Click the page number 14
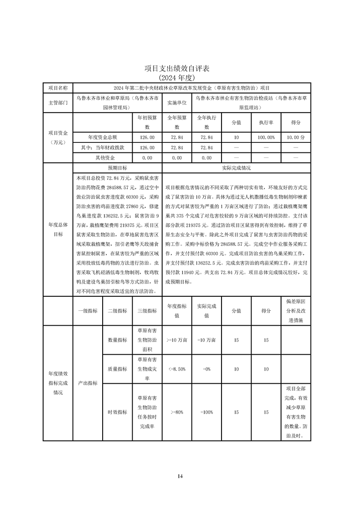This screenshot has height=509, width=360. click(180, 476)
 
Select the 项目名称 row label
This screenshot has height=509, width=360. click(58, 87)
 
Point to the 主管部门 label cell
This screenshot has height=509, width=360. click(58, 103)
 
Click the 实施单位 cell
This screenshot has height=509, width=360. click(177, 103)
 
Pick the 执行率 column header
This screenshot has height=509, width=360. click(266, 122)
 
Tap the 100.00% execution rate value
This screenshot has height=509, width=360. click(266, 137)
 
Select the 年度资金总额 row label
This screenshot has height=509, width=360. click(102, 137)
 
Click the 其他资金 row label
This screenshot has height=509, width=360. click(102, 158)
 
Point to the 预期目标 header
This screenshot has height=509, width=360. click(117, 167)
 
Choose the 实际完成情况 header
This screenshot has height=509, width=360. click(236, 167)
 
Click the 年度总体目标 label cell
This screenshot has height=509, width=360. click(58, 230)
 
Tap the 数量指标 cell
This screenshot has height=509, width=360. click(117, 340)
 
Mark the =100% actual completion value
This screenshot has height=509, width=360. click(207, 412)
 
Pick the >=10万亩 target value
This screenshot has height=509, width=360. click(177, 340)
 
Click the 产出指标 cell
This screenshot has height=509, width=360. click(88, 383)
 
